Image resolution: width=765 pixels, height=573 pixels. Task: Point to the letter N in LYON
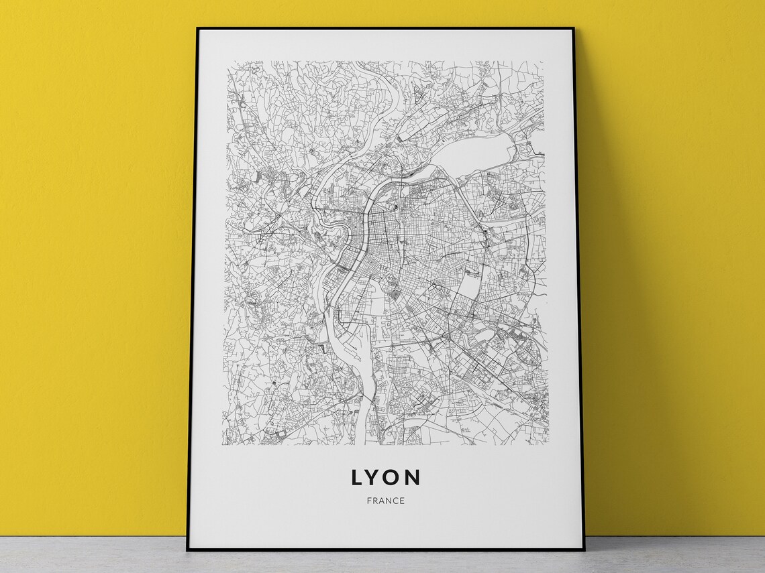413,477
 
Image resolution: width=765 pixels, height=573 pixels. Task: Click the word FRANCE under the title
386,501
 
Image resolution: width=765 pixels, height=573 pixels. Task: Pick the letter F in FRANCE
370,501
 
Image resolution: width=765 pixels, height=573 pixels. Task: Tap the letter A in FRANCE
382,501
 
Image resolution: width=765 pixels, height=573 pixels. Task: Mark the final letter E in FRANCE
402,501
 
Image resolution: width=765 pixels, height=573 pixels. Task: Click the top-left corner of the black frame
197,29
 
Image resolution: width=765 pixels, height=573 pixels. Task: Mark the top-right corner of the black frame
574,29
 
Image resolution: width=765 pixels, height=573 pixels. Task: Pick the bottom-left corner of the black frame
188,550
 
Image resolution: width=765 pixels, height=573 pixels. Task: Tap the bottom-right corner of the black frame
584,550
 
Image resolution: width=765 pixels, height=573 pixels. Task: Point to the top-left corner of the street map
227,62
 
